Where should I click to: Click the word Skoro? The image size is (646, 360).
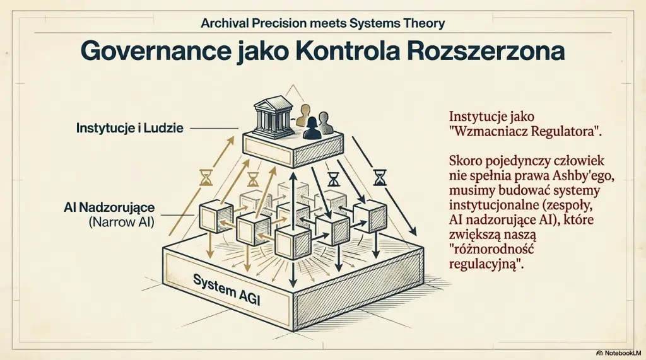(466, 160)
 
